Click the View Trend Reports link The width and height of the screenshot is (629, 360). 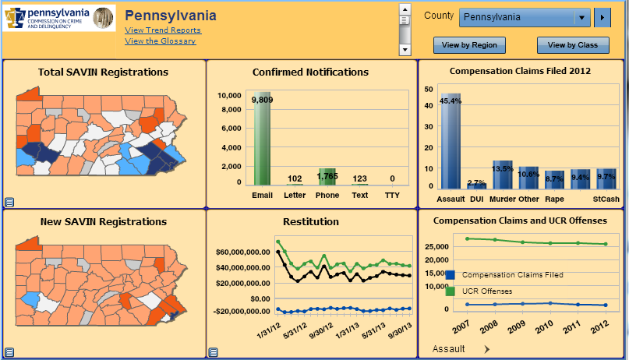click(x=162, y=30)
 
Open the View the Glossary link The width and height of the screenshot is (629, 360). click(x=160, y=41)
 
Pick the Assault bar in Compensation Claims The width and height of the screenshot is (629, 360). click(x=451, y=141)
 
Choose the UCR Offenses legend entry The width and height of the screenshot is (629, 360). click(x=487, y=291)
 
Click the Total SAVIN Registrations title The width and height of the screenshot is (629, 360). click(x=103, y=72)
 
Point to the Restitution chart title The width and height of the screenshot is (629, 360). click(x=310, y=222)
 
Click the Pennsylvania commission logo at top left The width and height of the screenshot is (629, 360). click(x=59, y=18)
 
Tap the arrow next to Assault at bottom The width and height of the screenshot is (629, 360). click(x=486, y=350)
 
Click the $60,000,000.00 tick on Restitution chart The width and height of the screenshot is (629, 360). click(x=243, y=253)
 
